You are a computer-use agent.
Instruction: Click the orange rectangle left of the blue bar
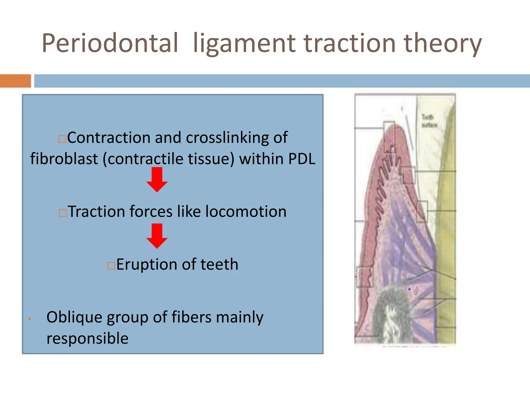[x=15, y=81]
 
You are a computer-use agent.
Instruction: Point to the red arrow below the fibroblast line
[x=157, y=179]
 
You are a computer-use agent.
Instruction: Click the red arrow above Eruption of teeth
[x=157, y=236]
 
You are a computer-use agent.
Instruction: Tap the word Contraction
[x=109, y=137]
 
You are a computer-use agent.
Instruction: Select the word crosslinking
[x=227, y=138]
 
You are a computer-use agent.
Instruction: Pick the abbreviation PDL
[x=302, y=159]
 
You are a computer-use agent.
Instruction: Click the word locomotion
[x=246, y=211]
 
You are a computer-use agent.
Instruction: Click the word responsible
[x=87, y=338]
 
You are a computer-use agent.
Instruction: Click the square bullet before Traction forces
[x=63, y=213]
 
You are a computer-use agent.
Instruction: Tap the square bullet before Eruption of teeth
[x=111, y=266]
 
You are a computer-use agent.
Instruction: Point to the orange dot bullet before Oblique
[x=30, y=319]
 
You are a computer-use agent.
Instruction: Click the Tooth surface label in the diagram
[x=429, y=121]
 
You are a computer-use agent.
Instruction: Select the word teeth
[x=219, y=265]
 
